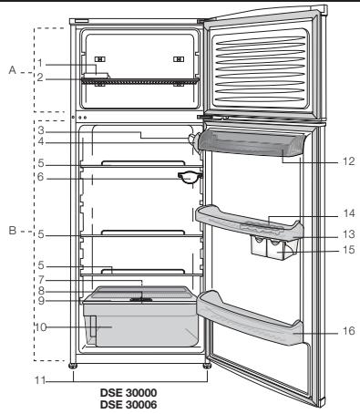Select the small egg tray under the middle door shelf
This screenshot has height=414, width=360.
[x=274, y=244]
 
